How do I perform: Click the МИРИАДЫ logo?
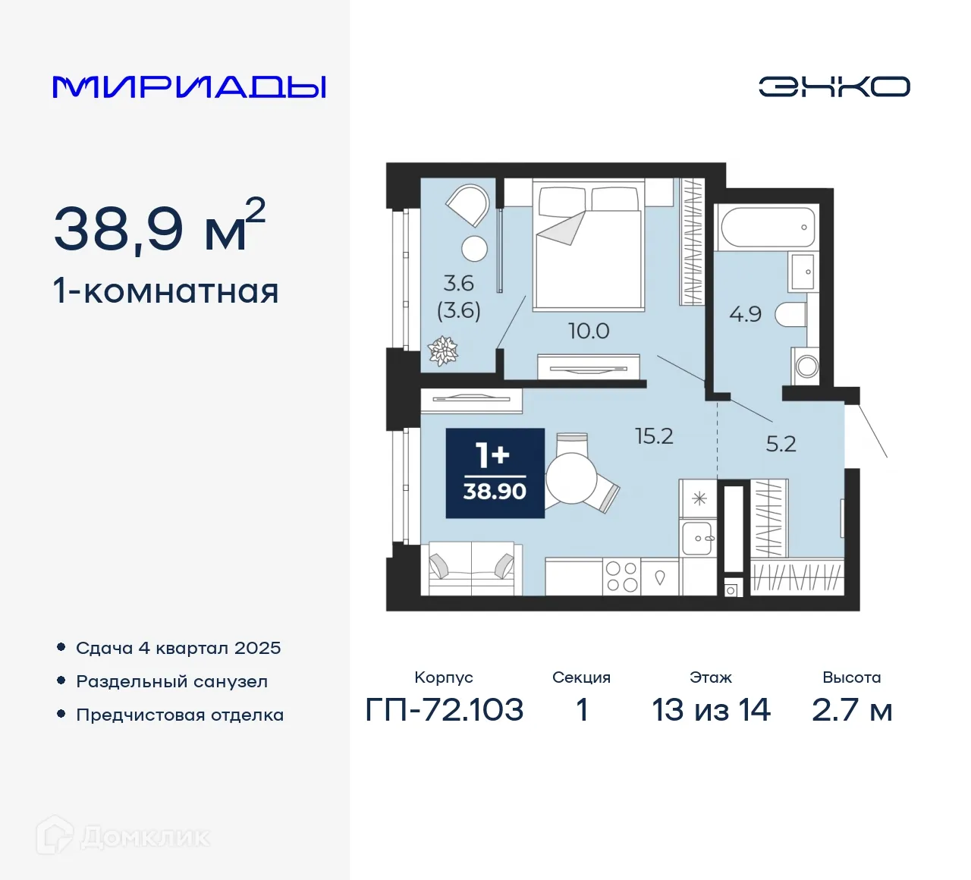[190, 87]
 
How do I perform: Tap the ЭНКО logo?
[834, 86]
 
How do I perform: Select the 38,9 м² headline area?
[159, 228]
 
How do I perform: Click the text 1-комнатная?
[166, 291]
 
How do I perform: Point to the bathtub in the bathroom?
[767, 227]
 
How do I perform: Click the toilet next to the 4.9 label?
[791, 314]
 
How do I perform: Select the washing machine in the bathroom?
[806, 366]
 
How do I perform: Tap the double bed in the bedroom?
[589, 247]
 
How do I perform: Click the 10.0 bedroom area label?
[589, 332]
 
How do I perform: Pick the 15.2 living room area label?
[654, 436]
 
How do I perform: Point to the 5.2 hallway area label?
[781, 444]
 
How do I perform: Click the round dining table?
[571, 479]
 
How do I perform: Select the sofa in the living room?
[471, 568]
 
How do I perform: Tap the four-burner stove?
[621, 577]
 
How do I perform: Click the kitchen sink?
[698, 539]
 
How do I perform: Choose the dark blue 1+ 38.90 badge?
[495, 473]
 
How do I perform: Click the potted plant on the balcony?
[443, 350]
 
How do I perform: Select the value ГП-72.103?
[445, 710]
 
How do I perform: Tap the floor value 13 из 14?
[711, 710]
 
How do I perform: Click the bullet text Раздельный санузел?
[171, 682]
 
